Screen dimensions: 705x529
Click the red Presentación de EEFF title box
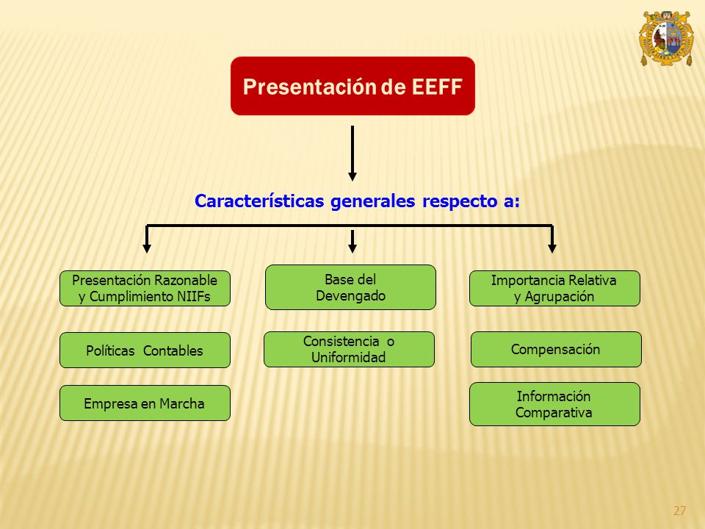coord(352,86)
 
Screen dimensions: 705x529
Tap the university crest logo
coord(666,39)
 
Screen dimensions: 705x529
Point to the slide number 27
coord(679,511)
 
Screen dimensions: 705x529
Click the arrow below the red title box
coord(352,154)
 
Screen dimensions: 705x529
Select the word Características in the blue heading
coord(259,201)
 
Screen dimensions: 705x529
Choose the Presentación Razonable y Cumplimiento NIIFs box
coord(145,288)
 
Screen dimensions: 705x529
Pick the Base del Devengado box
coord(350,287)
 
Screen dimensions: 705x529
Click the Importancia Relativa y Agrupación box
coord(554,288)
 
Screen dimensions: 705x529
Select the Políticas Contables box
coord(145,350)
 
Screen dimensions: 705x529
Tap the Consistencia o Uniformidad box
coord(349,350)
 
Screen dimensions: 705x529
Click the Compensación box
coord(556,350)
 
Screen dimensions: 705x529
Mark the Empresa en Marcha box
coord(145,403)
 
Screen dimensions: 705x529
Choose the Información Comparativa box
coord(554,404)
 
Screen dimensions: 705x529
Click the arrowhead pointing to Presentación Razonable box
coord(147,248)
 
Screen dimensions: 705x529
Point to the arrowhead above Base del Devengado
coord(352,248)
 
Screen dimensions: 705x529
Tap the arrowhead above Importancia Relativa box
coord(552,248)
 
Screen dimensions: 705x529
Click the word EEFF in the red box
coord(437,87)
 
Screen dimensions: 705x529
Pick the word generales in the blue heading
coord(373,201)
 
